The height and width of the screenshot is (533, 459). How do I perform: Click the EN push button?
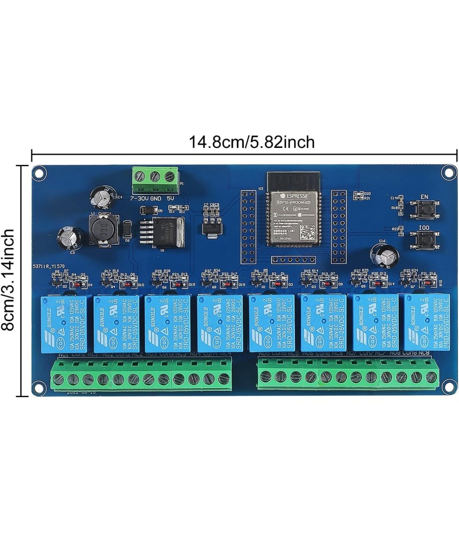425,211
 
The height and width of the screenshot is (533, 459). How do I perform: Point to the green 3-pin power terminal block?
154,179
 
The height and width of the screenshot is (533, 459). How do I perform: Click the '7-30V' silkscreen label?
139,198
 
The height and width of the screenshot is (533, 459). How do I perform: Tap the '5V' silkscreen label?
171,198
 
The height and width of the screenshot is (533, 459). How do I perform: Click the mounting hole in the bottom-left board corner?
40,386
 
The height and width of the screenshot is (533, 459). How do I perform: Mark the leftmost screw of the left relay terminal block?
59,378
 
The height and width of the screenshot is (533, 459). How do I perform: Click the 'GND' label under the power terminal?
155,198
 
